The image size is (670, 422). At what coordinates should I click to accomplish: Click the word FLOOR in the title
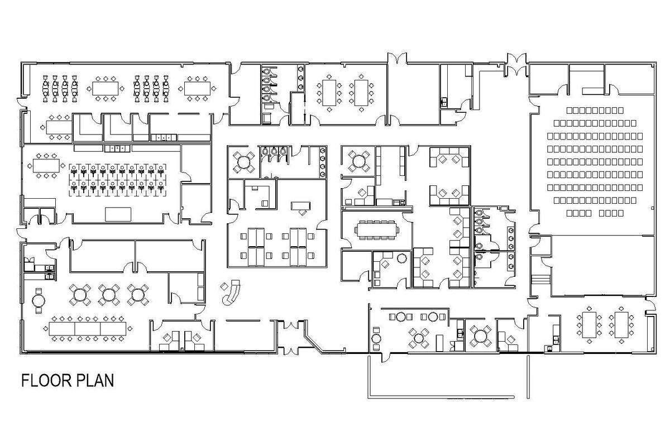click(x=44, y=381)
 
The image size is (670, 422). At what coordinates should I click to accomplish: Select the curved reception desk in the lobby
click(x=231, y=294)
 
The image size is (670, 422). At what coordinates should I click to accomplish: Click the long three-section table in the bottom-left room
click(x=87, y=328)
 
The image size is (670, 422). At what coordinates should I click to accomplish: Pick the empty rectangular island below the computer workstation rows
click(x=118, y=214)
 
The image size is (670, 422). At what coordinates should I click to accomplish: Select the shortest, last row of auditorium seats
click(x=595, y=213)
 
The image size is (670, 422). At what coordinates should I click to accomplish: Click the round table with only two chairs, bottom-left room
click(x=39, y=300)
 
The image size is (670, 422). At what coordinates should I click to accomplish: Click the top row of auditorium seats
click(x=595, y=111)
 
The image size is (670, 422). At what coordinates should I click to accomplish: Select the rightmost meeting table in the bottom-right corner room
click(x=621, y=325)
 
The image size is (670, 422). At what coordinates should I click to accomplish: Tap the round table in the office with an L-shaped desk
click(x=401, y=258)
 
